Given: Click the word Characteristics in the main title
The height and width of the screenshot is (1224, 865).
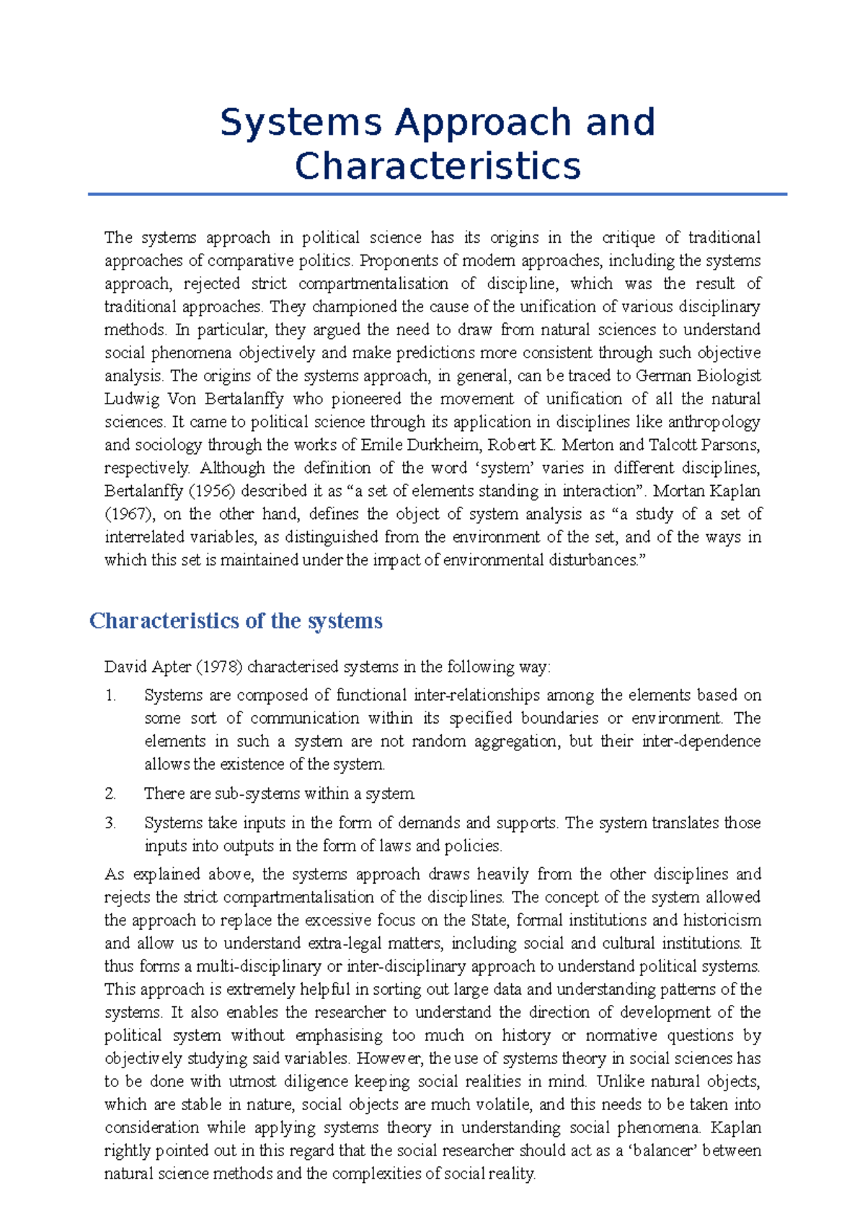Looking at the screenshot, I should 438,166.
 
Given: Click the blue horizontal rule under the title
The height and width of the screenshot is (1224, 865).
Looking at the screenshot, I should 438,194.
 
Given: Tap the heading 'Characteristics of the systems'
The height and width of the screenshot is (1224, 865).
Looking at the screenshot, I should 236,621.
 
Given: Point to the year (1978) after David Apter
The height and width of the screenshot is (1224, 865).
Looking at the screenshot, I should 218,667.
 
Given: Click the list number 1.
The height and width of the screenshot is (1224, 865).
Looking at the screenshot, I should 110,696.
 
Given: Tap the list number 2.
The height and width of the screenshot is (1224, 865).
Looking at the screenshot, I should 110,794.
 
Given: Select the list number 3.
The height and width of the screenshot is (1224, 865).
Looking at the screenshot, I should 110,823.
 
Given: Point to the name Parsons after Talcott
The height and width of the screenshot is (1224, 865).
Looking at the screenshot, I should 730,445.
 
